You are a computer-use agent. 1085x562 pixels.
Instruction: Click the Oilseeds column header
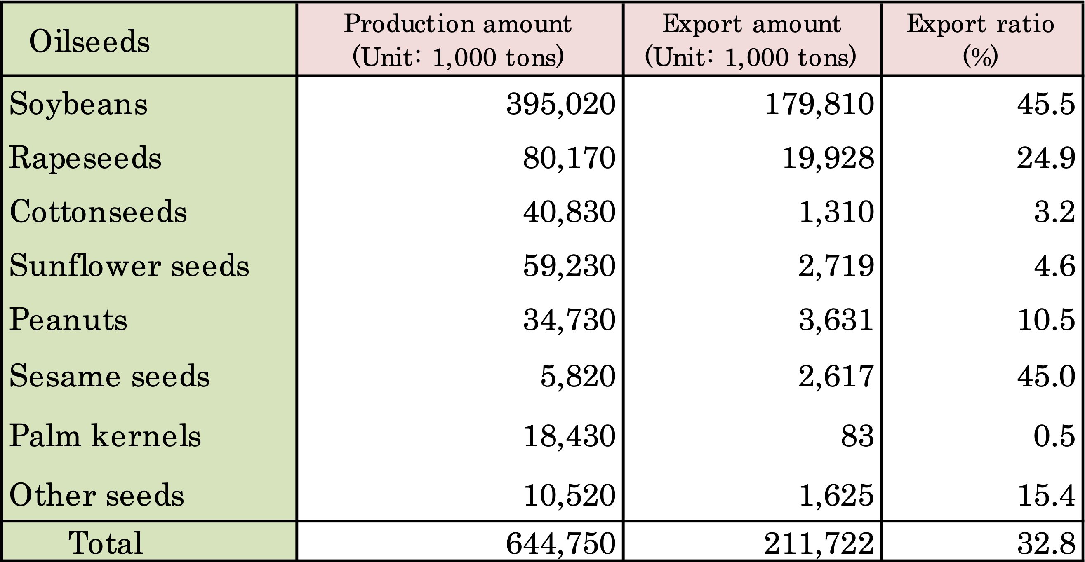tap(89, 41)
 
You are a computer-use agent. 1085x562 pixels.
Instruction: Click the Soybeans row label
tap(78, 104)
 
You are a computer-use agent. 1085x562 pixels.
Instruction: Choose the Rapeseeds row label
tap(85, 158)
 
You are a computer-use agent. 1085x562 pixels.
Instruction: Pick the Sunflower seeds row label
tap(129, 266)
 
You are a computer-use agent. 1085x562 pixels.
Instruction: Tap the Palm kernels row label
tap(105, 435)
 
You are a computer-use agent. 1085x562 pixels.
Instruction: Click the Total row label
tap(106, 542)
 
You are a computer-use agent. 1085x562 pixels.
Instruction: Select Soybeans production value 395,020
tap(560, 104)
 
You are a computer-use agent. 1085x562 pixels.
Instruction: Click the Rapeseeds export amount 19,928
tap(828, 158)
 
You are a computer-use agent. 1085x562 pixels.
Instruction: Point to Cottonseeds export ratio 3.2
tap(1054, 212)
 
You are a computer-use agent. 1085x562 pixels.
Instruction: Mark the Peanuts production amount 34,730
tap(569, 320)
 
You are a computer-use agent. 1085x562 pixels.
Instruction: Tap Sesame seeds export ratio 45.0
tap(1046, 376)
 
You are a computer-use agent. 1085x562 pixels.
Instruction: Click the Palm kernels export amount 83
tap(857, 436)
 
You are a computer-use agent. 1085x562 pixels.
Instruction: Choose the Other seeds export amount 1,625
tap(836, 495)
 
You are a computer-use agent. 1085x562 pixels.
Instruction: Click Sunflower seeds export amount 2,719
tap(836, 266)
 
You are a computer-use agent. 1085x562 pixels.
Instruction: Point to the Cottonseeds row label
tap(98, 212)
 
